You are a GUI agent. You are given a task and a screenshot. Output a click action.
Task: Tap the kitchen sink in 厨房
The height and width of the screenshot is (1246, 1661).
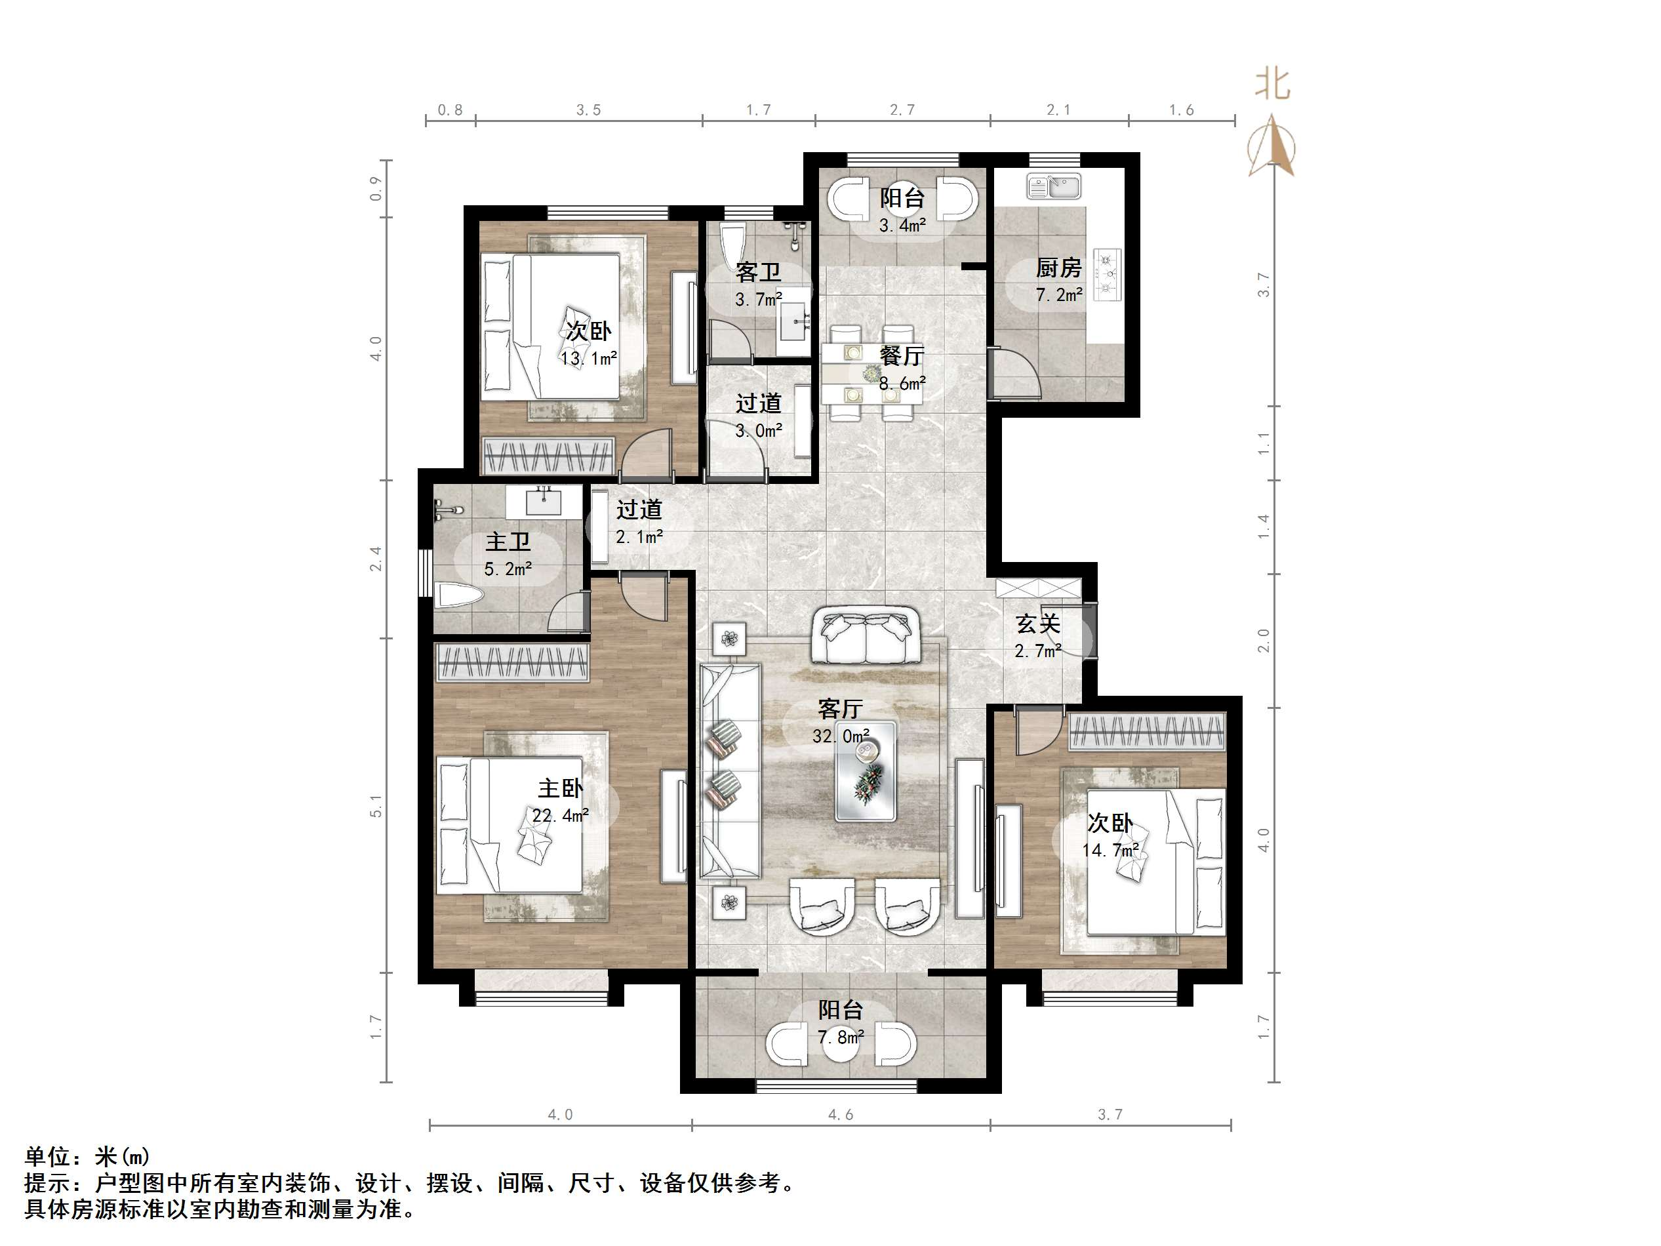click(1054, 186)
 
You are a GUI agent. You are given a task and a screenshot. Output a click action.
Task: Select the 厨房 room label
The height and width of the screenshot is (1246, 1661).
click(1059, 268)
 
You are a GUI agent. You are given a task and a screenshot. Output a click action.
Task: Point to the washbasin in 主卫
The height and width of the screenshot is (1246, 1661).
click(544, 501)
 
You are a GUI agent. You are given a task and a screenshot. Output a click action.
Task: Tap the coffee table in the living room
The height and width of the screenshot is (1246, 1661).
click(866, 771)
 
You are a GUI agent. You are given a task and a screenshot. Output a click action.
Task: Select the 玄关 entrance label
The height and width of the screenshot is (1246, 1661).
click(1038, 624)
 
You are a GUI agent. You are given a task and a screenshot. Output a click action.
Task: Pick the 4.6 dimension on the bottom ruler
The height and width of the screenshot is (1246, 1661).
click(840, 1115)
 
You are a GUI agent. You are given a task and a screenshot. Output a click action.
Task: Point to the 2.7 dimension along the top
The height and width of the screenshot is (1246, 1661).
click(902, 110)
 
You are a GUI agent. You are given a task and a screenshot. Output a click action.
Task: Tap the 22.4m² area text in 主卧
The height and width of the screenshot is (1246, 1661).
click(560, 816)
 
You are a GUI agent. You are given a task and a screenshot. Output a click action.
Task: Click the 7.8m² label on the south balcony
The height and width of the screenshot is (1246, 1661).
click(840, 1037)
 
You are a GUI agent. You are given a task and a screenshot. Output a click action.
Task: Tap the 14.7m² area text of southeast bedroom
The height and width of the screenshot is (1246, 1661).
click(1110, 850)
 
